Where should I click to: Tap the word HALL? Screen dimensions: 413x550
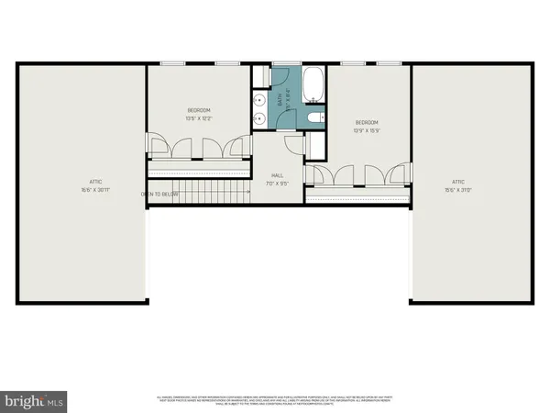(x=274, y=174)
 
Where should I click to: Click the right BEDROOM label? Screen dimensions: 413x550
(x=367, y=122)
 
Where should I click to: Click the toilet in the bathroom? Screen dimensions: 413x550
(x=314, y=117)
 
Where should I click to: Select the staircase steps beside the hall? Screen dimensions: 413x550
(x=212, y=192)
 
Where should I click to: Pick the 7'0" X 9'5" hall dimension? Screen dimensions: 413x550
(x=274, y=184)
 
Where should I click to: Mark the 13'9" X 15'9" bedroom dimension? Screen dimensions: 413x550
(x=367, y=130)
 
